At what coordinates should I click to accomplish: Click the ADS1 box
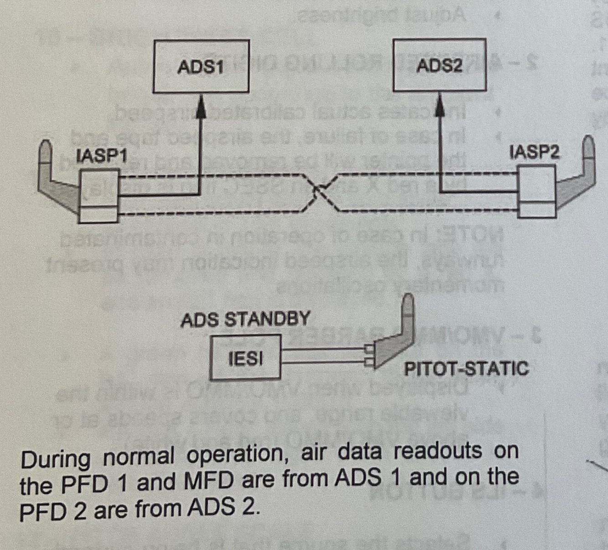(x=201, y=66)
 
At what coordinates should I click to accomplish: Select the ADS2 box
(x=439, y=66)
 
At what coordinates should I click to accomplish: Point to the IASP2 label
(x=535, y=152)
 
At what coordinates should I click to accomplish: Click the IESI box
(x=245, y=358)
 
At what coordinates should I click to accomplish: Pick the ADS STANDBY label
(x=245, y=319)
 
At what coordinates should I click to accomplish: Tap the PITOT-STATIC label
(x=466, y=368)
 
